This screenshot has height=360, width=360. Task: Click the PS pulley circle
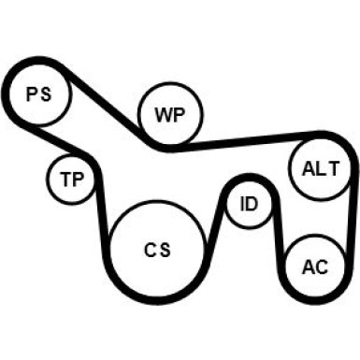(37, 94)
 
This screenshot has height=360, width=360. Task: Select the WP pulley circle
(169, 114)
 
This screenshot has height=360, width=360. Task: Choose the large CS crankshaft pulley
(156, 249)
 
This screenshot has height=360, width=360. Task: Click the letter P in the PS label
(31, 94)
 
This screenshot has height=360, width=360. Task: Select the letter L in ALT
(320, 168)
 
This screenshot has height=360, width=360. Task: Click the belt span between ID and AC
(278, 234)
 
